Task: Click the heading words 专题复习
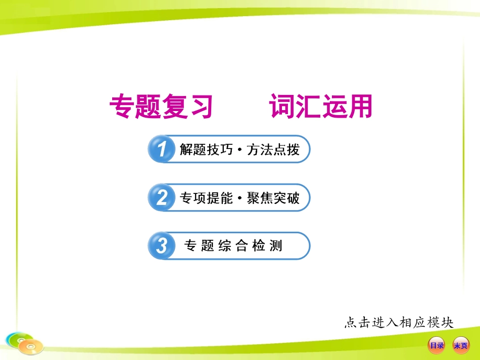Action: pos(161,107)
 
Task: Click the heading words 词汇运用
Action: pos(320,107)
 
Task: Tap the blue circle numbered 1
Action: pos(161,149)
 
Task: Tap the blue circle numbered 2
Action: pos(161,198)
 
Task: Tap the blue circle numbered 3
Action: pos(161,246)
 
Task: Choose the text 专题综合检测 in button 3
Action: pos(233,246)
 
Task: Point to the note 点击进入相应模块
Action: pos(399,322)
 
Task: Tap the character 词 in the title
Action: pos(282,107)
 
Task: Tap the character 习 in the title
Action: pos(200,107)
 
